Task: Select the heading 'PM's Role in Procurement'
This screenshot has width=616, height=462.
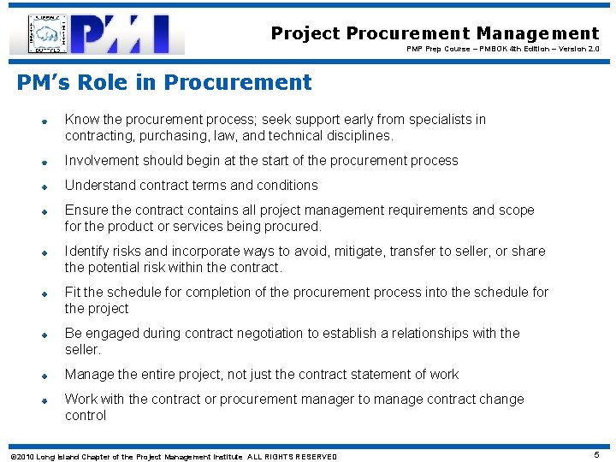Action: click(x=164, y=83)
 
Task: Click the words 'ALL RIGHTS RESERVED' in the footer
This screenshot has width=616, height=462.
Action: click(x=292, y=457)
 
